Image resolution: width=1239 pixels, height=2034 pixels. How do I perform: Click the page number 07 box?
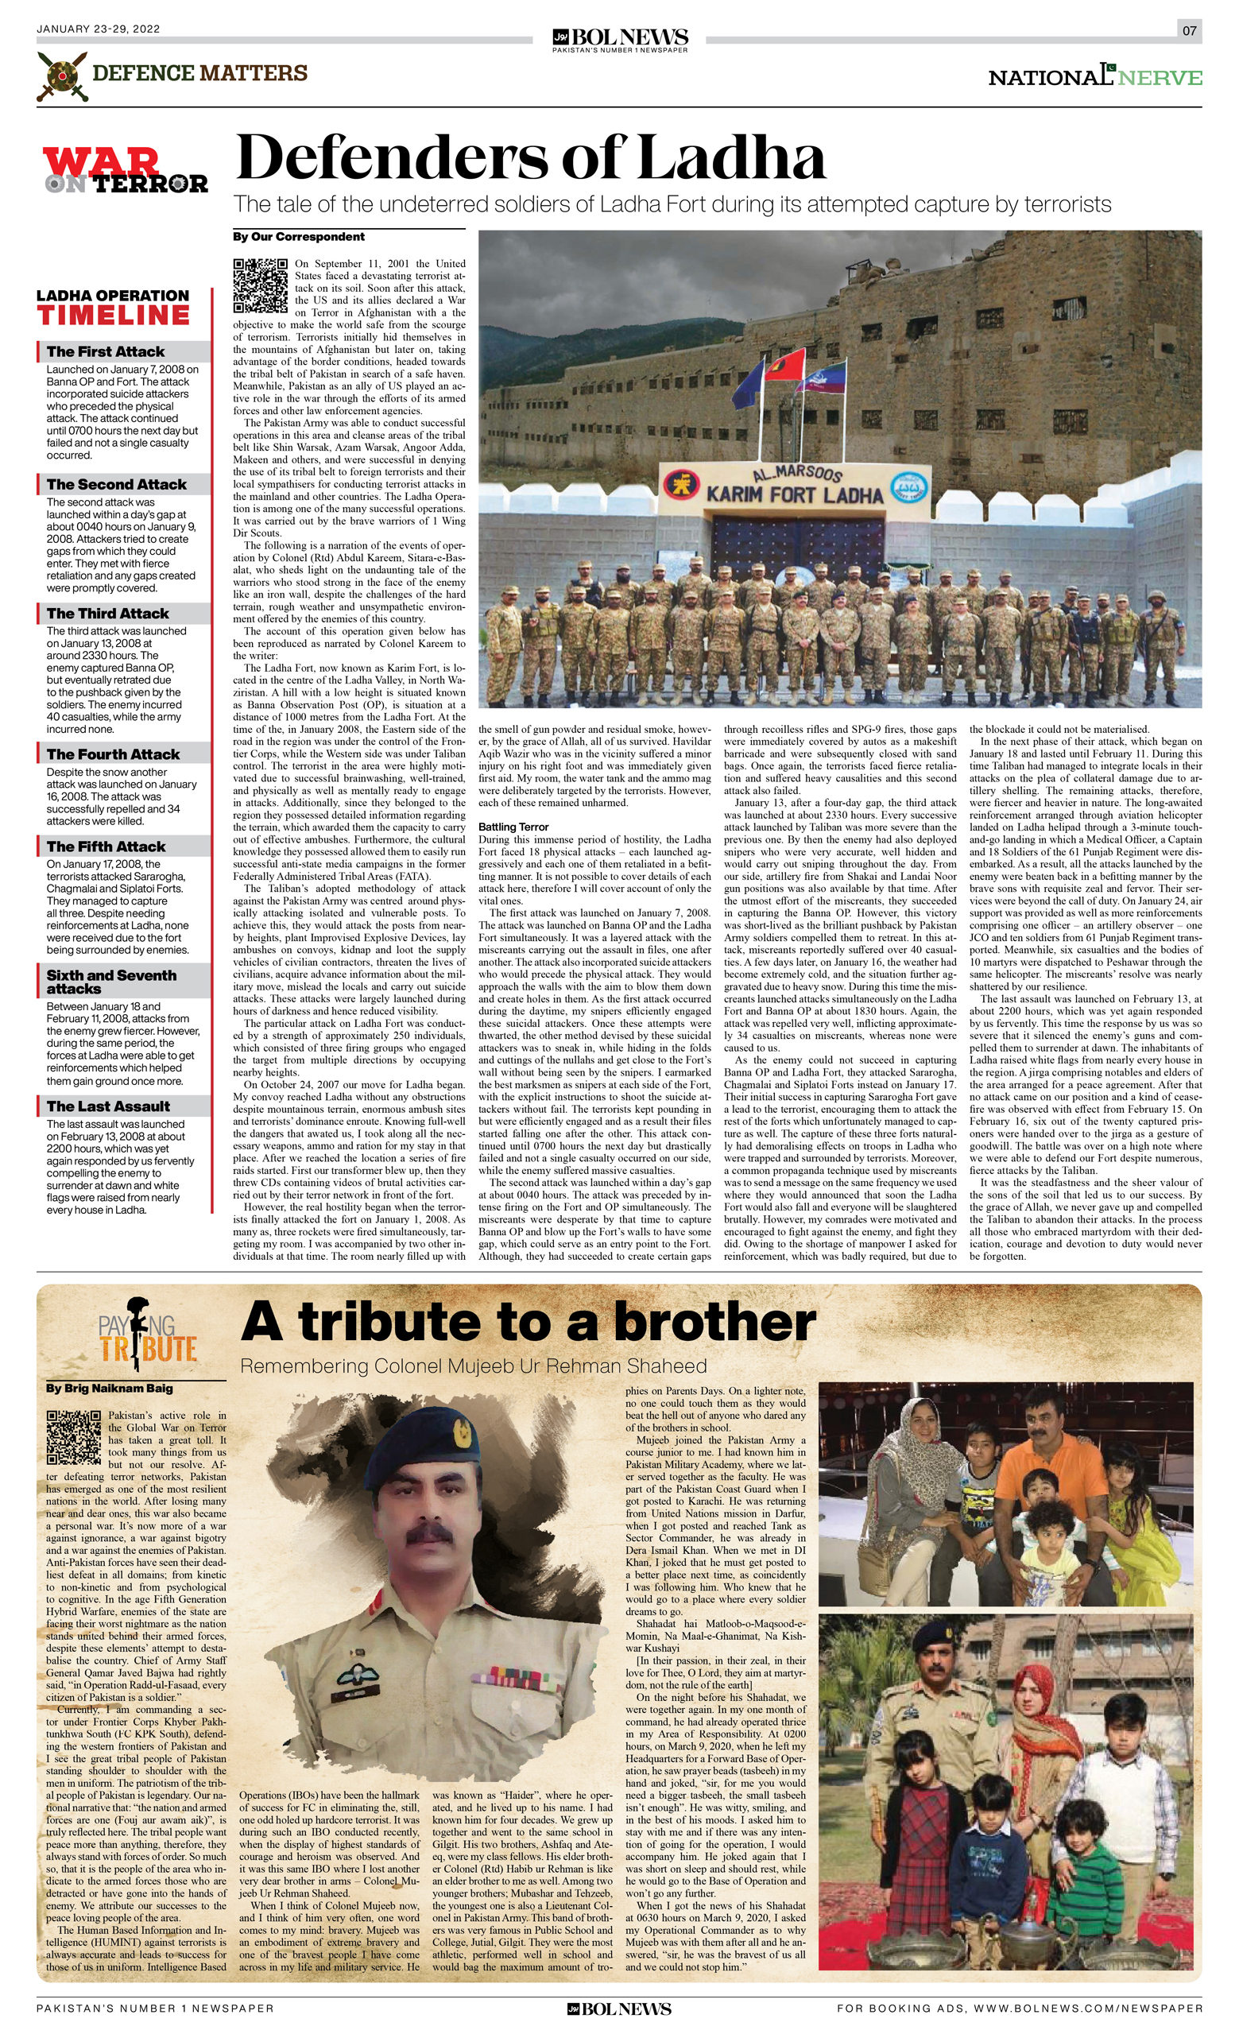click(x=1189, y=31)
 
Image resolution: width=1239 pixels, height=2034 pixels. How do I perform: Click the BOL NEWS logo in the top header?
click(x=620, y=38)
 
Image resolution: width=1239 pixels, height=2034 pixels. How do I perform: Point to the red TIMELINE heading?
click(x=113, y=316)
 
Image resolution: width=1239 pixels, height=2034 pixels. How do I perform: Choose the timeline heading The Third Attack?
click(x=107, y=614)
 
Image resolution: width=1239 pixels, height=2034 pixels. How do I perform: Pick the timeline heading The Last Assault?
click(x=108, y=1106)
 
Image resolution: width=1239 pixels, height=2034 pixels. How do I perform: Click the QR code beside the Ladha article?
click(x=260, y=285)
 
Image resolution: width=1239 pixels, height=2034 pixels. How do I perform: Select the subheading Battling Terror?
click(x=513, y=827)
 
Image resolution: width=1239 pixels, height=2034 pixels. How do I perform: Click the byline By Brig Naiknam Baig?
click(x=109, y=1389)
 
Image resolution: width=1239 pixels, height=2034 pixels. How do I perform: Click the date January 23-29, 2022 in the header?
click(x=99, y=29)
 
